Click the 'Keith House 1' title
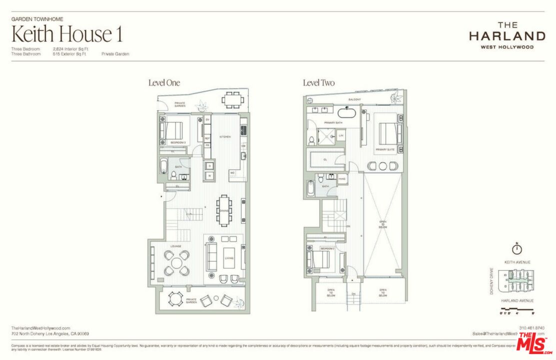pyautogui.click(x=66, y=34)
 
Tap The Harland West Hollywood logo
pyautogui.click(x=507, y=35)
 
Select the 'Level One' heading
pyautogui.click(x=164, y=83)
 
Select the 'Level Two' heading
pyautogui.click(x=319, y=83)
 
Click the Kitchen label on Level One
pyautogui.click(x=224, y=136)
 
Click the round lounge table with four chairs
pyautogui.click(x=177, y=262)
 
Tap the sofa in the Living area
pyautogui.click(x=212, y=258)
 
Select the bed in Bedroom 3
pyautogui.click(x=171, y=131)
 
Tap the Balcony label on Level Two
pyautogui.click(x=354, y=99)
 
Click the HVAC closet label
pyautogui.click(x=342, y=178)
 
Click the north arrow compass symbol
pyautogui.click(x=517, y=248)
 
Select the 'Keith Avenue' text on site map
pyautogui.click(x=517, y=262)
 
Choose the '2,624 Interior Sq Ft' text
pyautogui.click(x=70, y=49)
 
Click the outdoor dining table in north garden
pyautogui.click(x=233, y=100)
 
